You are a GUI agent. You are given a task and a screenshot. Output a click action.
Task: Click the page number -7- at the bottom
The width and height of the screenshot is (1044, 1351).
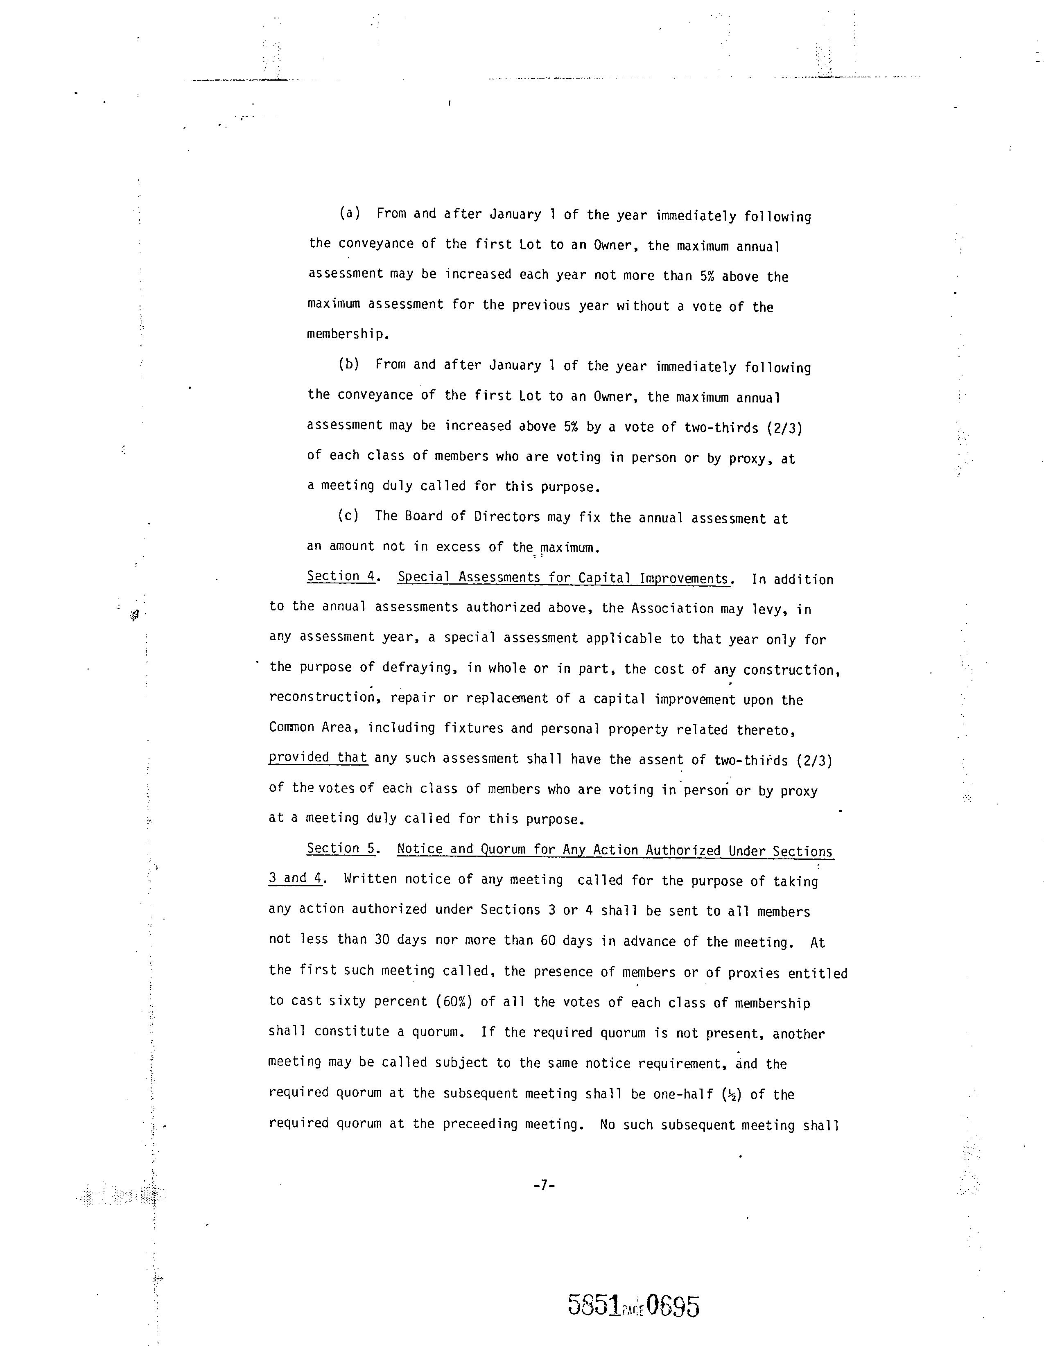(544, 1185)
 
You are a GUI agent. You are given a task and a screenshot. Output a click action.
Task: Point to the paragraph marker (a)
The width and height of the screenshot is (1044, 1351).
(350, 213)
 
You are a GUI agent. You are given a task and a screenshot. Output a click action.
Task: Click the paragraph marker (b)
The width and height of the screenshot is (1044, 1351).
(349, 364)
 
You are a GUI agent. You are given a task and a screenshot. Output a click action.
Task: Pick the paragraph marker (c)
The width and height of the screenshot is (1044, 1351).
(348, 516)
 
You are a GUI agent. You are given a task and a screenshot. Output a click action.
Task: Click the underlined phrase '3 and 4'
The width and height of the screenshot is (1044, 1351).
(295, 879)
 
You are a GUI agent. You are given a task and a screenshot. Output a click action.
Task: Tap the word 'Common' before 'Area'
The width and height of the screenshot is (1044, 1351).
(292, 727)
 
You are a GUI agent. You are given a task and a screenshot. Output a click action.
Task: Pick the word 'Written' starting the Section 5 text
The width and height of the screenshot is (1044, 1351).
(366, 879)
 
